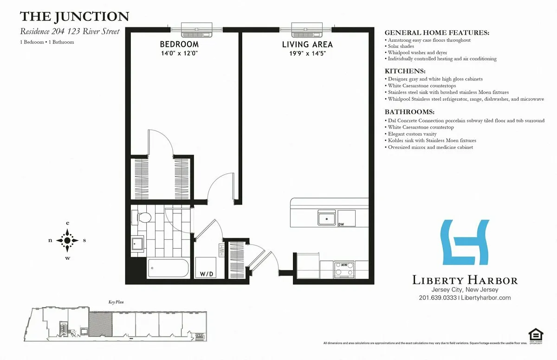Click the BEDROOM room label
click(179, 45)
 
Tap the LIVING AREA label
click(307, 45)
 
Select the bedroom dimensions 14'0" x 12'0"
click(179, 53)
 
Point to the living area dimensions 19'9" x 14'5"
click(307, 53)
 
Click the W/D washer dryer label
click(207, 274)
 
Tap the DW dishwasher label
click(341, 224)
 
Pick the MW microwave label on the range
click(344, 265)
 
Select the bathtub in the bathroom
click(168, 268)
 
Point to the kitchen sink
click(326, 219)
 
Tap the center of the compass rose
click(68, 240)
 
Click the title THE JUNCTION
click(74, 17)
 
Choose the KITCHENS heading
click(405, 72)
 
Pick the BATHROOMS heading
click(409, 112)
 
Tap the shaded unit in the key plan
click(100, 323)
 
